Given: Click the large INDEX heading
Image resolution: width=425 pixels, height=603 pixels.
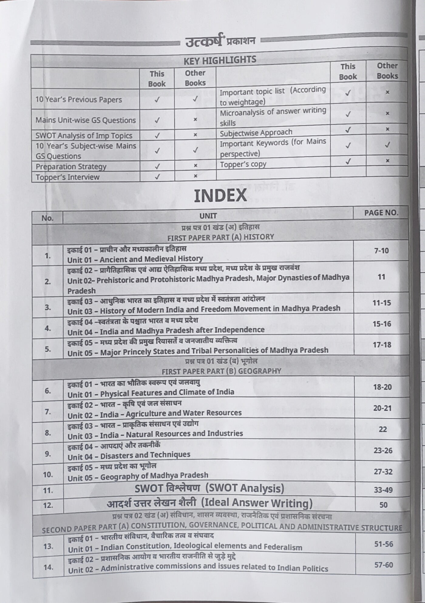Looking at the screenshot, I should click(x=220, y=196).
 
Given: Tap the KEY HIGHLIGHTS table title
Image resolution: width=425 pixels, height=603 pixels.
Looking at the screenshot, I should click(x=220, y=60).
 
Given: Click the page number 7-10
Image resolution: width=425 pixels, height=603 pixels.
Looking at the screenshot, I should click(x=381, y=251).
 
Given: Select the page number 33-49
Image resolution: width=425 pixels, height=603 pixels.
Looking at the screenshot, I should click(x=383, y=490).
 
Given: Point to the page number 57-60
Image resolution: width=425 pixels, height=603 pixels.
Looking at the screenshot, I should click(x=384, y=565).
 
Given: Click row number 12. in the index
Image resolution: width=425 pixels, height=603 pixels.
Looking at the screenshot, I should click(x=48, y=505).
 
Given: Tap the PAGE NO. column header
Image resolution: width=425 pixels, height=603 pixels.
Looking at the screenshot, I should click(x=381, y=213).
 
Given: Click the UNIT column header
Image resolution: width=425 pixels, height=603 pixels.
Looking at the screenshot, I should click(x=208, y=216).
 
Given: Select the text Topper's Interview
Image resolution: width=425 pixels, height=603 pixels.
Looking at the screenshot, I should click(x=67, y=177).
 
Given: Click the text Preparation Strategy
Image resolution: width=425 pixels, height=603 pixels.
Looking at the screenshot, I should click(x=71, y=167).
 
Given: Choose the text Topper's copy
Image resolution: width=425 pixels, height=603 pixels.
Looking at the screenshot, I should click(x=243, y=164).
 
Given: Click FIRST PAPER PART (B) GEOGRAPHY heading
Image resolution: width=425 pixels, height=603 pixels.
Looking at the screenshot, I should click(x=221, y=371).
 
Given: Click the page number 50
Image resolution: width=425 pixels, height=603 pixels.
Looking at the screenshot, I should click(x=383, y=505).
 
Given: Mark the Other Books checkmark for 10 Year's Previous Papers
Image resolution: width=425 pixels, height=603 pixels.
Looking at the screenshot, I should click(x=195, y=99).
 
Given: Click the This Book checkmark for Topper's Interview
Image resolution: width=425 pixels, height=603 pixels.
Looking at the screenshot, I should click(x=157, y=177).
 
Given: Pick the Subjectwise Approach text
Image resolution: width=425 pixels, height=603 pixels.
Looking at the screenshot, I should click(x=256, y=133).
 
